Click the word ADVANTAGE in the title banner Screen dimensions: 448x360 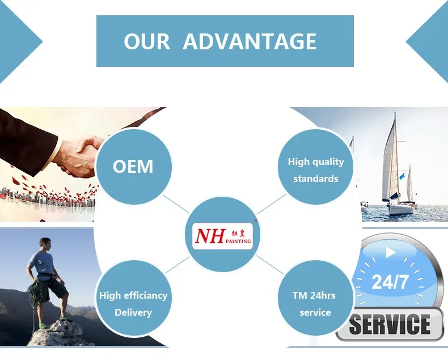250,41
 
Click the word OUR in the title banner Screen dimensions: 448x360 147,42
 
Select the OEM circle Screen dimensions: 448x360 134,167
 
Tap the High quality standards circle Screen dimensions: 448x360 315,167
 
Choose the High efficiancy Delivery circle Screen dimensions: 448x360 134,298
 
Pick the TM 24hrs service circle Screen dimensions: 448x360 315,298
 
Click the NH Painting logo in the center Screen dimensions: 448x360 222,236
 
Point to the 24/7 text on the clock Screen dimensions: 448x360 390,282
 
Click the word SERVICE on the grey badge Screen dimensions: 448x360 390,324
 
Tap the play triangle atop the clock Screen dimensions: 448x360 390,252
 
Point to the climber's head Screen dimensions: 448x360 46,244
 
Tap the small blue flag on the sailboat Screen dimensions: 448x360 402,176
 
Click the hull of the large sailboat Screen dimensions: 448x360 400,209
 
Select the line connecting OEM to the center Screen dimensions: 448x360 176,204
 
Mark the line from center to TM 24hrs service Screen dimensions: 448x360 270,265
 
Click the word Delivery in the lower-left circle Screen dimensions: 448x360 133,312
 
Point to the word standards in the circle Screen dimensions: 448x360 316,179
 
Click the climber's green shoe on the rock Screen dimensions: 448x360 43,325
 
